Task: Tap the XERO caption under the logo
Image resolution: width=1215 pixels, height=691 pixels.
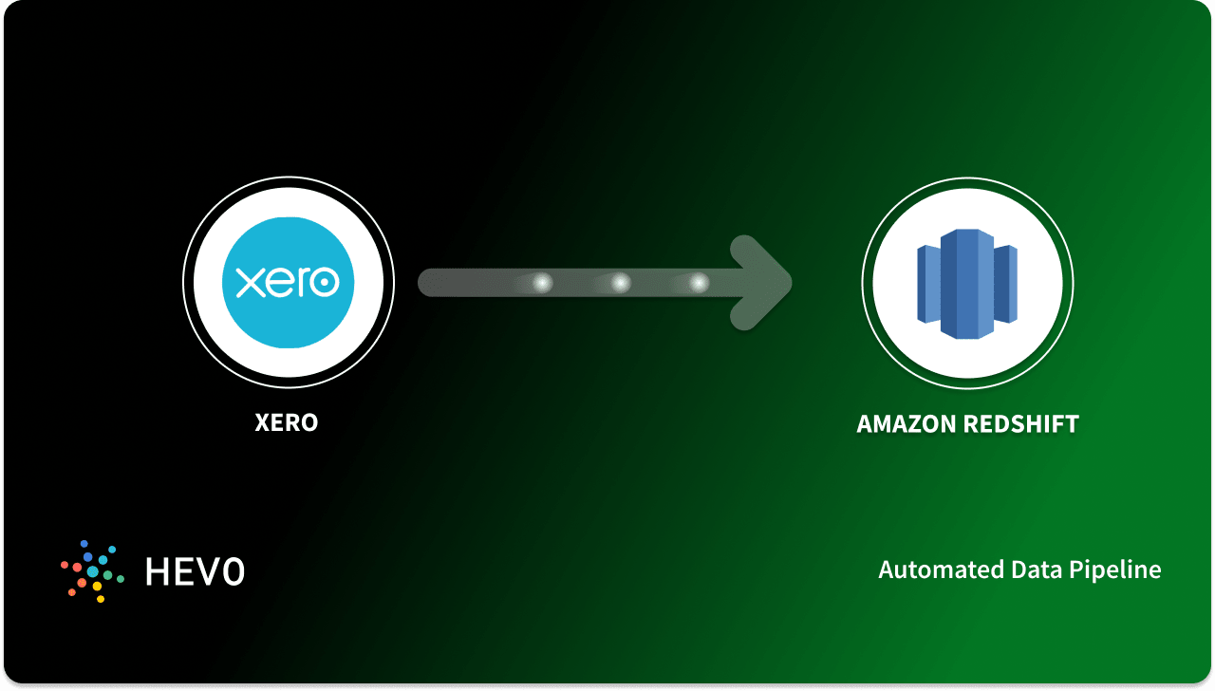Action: click(287, 422)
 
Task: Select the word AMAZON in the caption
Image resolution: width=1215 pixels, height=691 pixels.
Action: click(907, 424)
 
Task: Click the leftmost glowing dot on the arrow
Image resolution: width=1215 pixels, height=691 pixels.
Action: click(542, 283)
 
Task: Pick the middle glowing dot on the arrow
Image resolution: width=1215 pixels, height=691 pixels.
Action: click(620, 283)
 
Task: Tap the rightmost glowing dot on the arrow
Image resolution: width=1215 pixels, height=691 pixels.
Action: click(699, 283)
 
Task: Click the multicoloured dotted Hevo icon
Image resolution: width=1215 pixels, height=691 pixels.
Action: click(93, 570)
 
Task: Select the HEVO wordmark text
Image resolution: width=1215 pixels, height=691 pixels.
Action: click(195, 571)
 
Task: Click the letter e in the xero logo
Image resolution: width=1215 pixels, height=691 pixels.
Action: click(274, 282)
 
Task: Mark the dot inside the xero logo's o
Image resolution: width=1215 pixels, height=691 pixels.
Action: click(326, 282)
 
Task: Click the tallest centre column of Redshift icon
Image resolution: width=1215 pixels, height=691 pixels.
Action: click(966, 283)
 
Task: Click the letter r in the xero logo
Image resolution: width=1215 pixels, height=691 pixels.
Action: click(298, 282)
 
